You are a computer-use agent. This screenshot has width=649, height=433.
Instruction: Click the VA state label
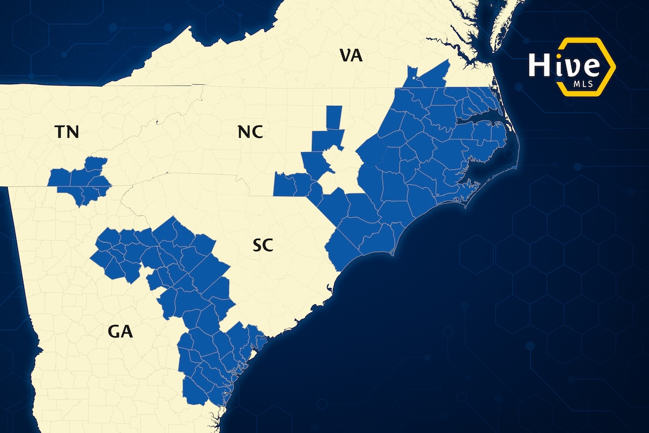[351, 56]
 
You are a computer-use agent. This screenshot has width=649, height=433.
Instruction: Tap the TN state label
[67, 132]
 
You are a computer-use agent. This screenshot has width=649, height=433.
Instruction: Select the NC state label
[250, 132]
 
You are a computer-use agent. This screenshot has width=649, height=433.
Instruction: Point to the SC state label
[263, 245]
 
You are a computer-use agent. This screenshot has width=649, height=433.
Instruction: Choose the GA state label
[120, 331]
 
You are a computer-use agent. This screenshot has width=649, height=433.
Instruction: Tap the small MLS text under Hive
[582, 84]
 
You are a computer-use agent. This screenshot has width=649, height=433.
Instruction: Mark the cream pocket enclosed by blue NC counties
[340, 171]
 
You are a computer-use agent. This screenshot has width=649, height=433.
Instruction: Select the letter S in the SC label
[257, 245]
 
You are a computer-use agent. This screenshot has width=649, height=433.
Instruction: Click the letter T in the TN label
[60, 132]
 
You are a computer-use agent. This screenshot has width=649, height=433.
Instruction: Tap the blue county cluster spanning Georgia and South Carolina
[192, 283]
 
